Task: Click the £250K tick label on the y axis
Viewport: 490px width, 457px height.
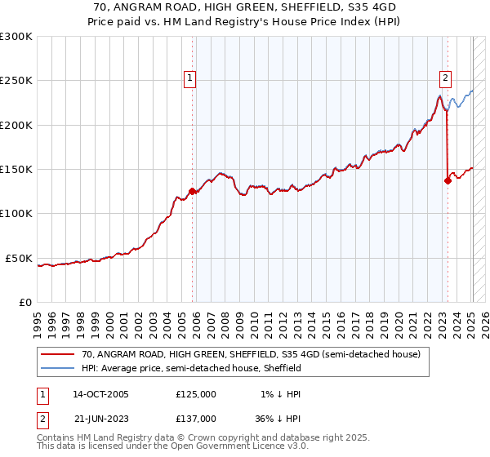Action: click(16, 81)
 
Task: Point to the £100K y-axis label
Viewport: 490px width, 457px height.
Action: click(16, 213)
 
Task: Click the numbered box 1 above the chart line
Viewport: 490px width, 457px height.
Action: click(189, 78)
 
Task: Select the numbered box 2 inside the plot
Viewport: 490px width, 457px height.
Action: click(445, 78)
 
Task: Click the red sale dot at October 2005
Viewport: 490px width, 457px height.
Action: click(193, 192)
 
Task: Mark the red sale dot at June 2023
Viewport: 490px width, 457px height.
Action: click(448, 181)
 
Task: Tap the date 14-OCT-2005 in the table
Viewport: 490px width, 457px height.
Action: click(100, 394)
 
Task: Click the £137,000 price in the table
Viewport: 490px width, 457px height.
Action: click(196, 418)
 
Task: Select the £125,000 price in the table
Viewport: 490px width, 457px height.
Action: click(196, 394)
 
